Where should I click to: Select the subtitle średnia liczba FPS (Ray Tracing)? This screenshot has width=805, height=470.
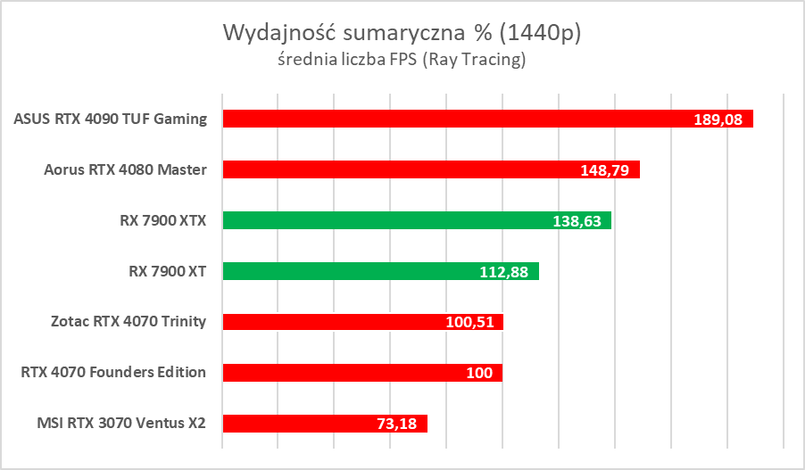click(402, 61)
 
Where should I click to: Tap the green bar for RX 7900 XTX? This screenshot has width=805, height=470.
click(384, 220)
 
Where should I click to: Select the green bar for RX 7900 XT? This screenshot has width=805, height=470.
click(357, 271)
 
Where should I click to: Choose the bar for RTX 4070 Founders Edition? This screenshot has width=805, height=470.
click(339, 373)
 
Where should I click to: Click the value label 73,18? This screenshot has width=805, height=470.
click(397, 425)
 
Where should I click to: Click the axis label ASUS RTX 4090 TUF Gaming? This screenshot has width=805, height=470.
click(111, 119)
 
